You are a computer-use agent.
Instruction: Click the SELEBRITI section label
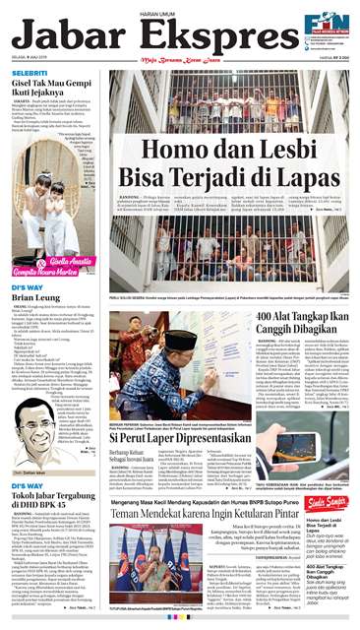point(30,75)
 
